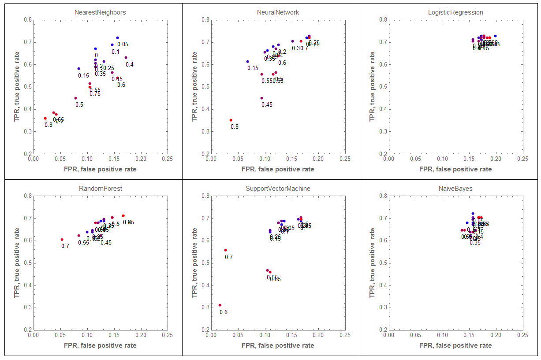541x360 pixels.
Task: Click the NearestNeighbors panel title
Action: pyautogui.click(x=100, y=12)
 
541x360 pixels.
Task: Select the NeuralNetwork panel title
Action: pyautogui.click(x=278, y=12)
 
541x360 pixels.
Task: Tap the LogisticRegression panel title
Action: pyautogui.click(x=455, y=12)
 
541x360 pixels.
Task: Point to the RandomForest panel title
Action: pyautogui.click(x=100, y=189)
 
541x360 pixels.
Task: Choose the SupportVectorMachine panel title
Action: pyautogui.click(x=278, y=189)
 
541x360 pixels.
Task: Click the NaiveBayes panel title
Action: pyautogui.click(x=455, y=189)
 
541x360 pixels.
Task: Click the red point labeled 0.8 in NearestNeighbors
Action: pyautogui.click(x=45, y=118)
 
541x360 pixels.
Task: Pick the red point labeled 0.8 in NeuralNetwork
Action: pyautogui.click(x=231, y=120)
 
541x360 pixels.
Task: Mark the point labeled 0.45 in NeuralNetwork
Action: pyautogui.click(x=261, y=98)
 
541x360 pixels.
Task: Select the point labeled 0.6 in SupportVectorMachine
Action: pyautogui.click(x=220, y=305)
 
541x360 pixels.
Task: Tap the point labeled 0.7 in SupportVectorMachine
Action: pyautogui.click(x=225, y=250)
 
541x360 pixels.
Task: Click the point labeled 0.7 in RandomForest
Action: pyautogui.click(x=62, y=239)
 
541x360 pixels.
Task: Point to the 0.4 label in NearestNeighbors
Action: pyautogui.click(x=130, y=64)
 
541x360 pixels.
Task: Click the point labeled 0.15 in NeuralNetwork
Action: pyautogui.click(x=247, y=62)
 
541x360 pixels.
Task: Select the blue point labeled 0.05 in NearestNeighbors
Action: pyautogui.click(x=117, y=38)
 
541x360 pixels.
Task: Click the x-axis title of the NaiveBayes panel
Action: pyautogui.click(x=455, y=345)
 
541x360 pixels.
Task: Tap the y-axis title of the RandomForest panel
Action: pyautogui.click(x=17, y=263)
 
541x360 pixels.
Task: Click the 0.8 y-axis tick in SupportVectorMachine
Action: pyautogui.click(x=204, y=196)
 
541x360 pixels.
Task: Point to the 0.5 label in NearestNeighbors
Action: pyautogui.click(x=79, y=104)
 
